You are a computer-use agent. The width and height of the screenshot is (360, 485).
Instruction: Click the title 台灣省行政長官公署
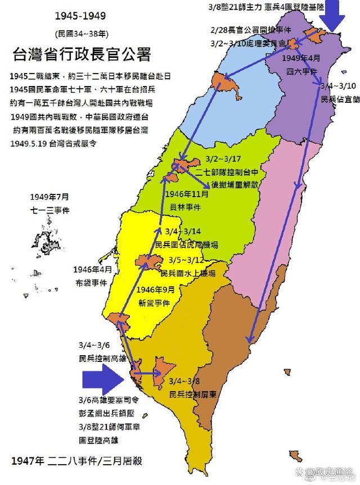[x=82, y=55]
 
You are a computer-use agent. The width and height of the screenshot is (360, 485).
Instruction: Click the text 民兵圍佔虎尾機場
[x=187, y=244]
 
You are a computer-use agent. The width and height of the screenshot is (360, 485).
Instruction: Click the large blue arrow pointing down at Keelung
[x=336, y=15]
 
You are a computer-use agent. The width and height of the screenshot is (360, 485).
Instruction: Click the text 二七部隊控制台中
[x=231, y=173]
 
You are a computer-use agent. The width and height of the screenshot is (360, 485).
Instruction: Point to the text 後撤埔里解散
[x=235, y=184]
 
